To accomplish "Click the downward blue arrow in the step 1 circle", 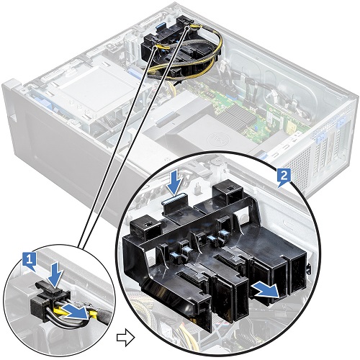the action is pyautogui.click(x=56, y=275).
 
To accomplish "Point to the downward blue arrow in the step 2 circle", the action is pyautogui.click(x=176, y=183).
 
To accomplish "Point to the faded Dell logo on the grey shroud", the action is pyautogui.click(x=214, y=138).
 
